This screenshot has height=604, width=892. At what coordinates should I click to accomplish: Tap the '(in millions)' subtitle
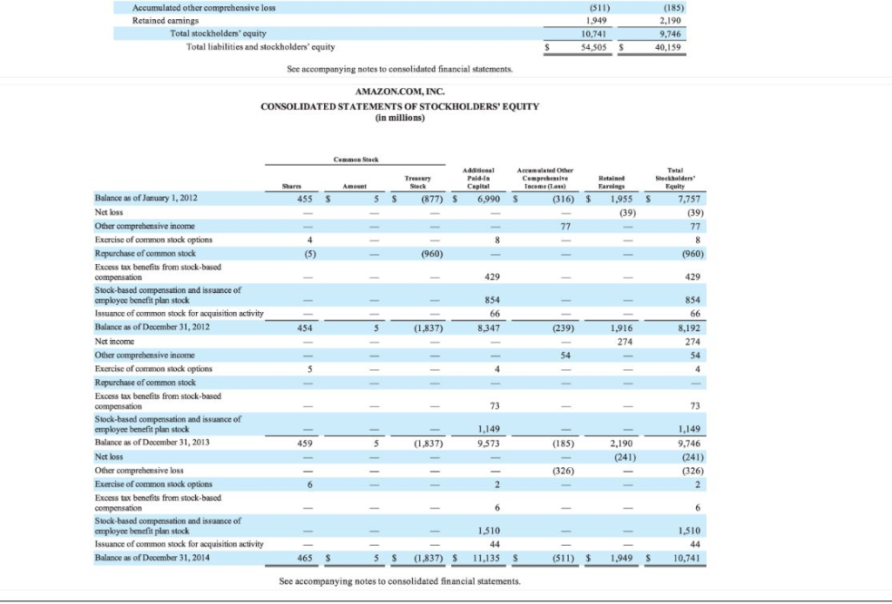pos(400,118)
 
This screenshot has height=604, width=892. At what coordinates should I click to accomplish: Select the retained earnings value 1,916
pos(621,328)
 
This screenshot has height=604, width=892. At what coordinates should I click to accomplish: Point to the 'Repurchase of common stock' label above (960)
pos(145,254)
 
